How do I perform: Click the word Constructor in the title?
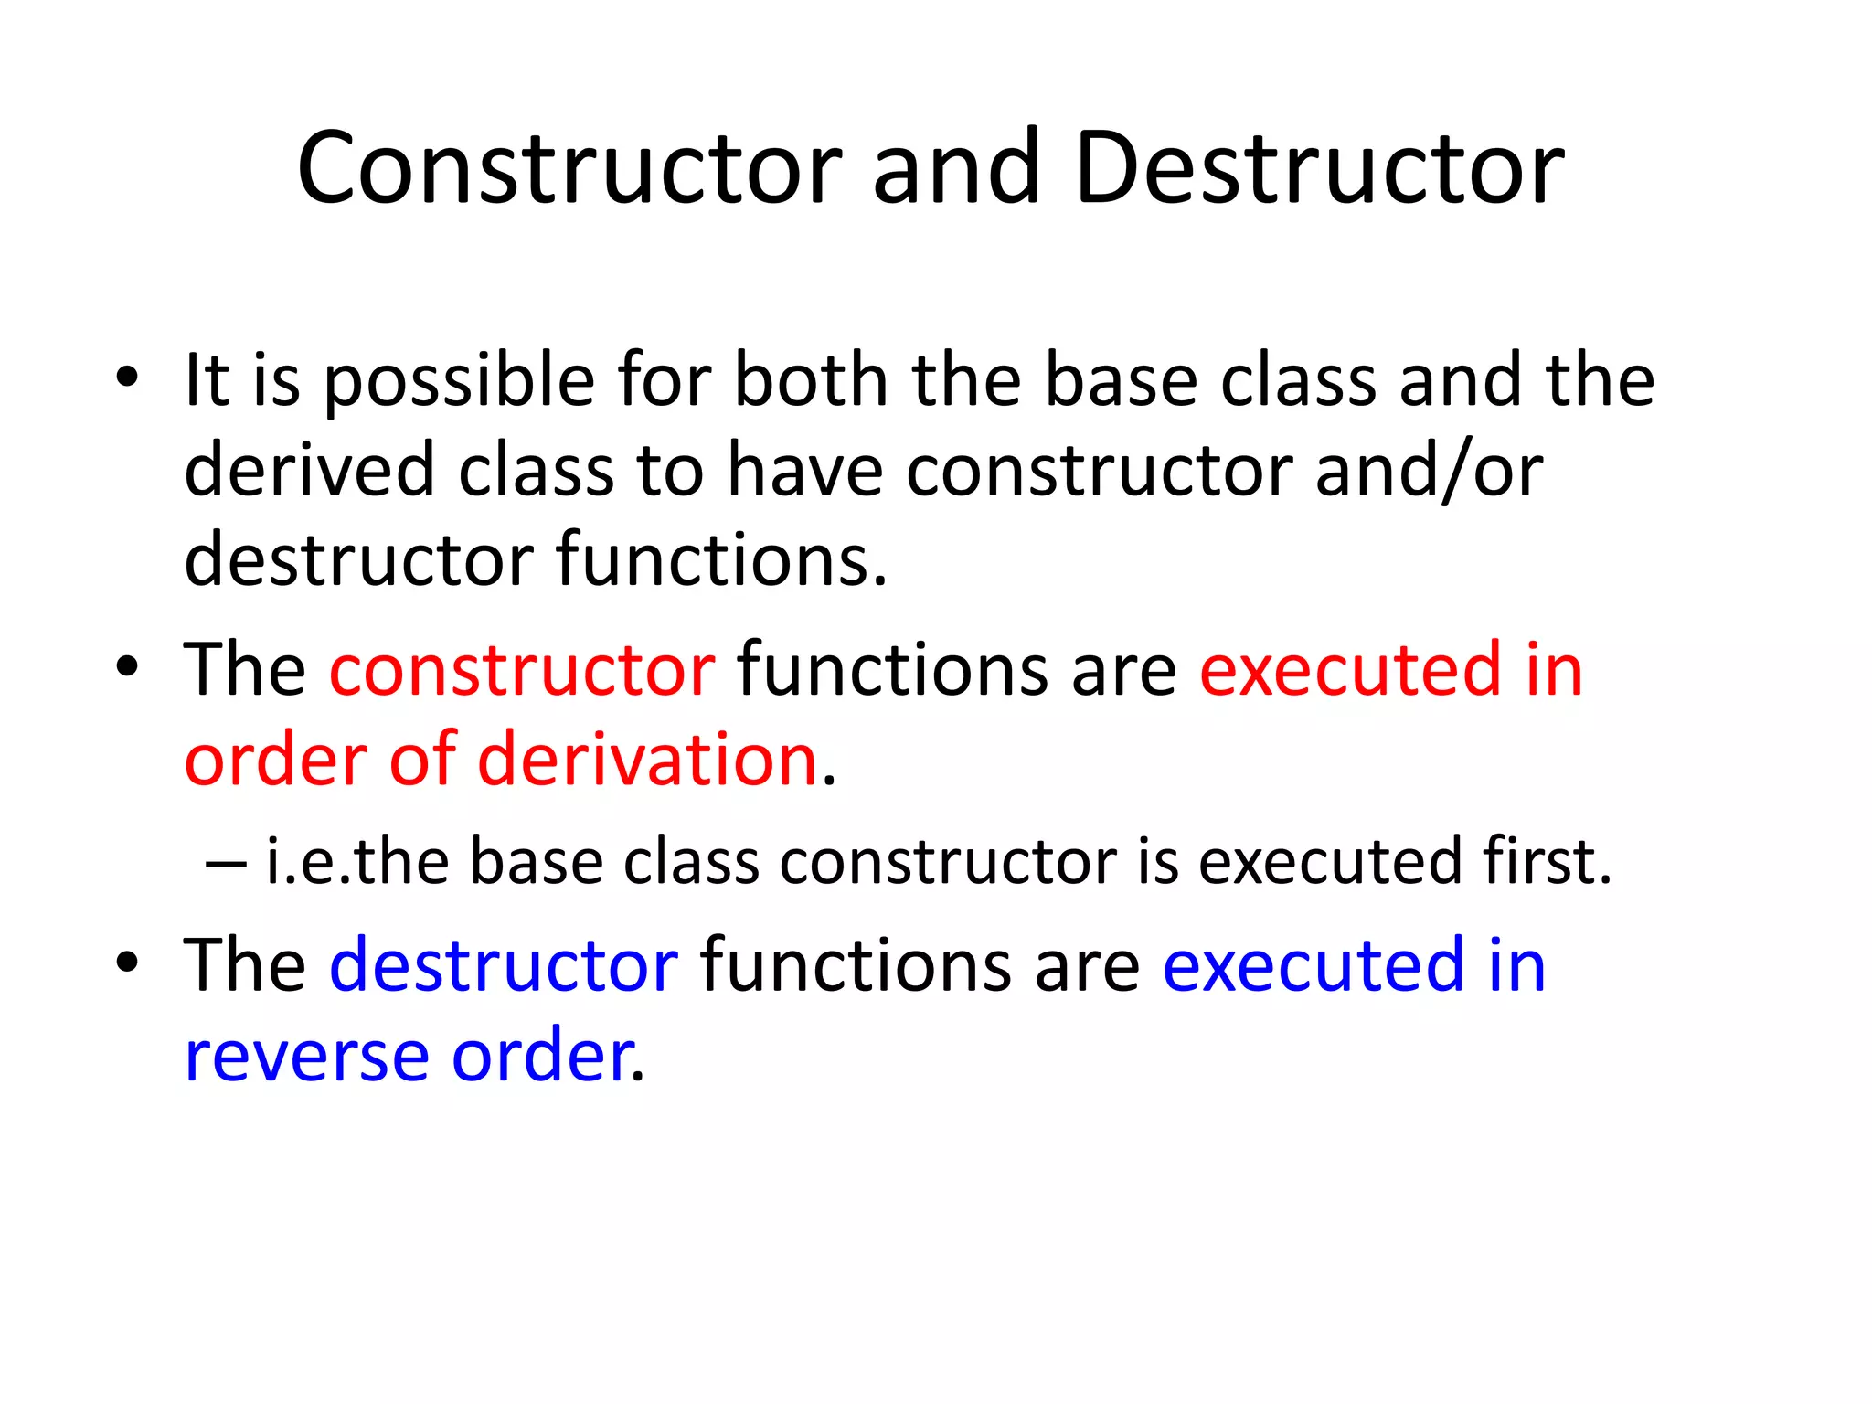click(x=569, y=169)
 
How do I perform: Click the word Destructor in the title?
click(x=1319, y=169)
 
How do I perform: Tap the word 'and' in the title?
click(x=956, y=169)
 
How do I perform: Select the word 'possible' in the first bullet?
click(x=460, y=382)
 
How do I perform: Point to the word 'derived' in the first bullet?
click(x=309, y=471)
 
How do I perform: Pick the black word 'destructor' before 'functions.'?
click(x=358, y=559)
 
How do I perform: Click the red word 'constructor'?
click(x=522, y=670)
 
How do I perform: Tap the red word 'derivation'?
click(x=647, y=760)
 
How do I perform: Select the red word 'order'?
click(x=275, y=760)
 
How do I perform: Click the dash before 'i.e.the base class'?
click(x=226, y=863)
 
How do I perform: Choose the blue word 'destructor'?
click(x=504, y=965)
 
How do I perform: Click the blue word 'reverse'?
click(x=306, y=1058)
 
